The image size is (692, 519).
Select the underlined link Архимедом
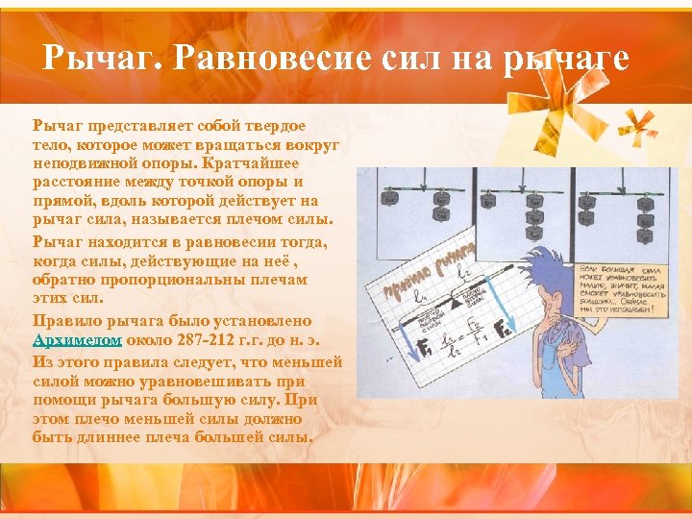coord(77,340)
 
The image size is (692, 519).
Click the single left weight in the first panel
coord(389,198)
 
